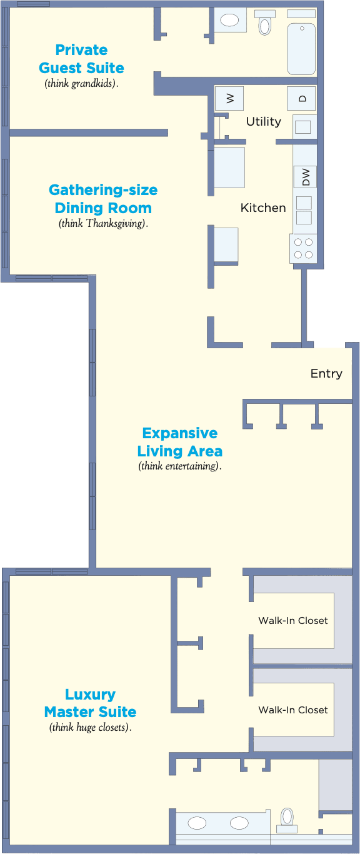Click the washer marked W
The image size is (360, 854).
(x=229, y=99)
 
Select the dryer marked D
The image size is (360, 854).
(x=301, y=99)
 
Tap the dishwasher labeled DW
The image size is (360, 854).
(x=305, y=177)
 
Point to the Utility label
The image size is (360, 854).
(x=263, y=121)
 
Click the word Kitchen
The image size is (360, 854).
(x=263, y=208)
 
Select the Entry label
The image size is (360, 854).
(x=326, y=374)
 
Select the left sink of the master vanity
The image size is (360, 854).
(x=197, y=823)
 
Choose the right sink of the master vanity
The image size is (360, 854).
(x=239, y=823)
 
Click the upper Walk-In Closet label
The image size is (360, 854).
(x=293, y=621)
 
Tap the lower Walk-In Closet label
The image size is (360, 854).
(x=293, y=710)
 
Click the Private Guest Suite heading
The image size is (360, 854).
(x=81, y=59)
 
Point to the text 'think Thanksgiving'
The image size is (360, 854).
(x=103, y=223)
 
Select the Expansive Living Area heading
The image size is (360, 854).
(x=179, y=442)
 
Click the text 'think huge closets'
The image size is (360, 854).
(x=90, y=728)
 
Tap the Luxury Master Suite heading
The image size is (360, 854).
(x=90, y=703)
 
